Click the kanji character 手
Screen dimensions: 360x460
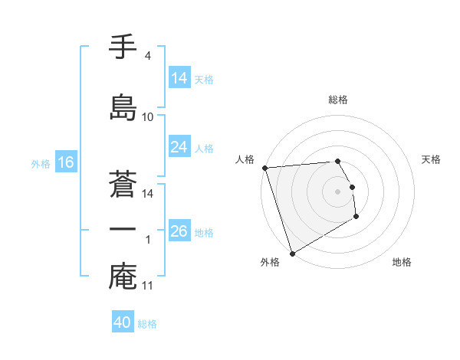pyautogui.click(x=123, y=47)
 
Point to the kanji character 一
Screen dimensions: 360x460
pyautogui.click(x=123, y=230)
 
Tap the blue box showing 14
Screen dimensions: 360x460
pyautogui.click(x=179, y=78)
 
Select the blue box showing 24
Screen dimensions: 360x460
pyautogui.click(x=179, y=147)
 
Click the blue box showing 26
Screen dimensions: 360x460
pyautogui.click(x=179, y=231)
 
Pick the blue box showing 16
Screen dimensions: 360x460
pyautogui.click(x=66, y=162)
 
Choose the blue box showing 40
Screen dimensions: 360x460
pyautogui.click(x=123, y=322)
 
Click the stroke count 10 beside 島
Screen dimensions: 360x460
pyautogui.click(x=147, y=117)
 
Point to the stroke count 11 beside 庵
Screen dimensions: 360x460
pyautogui.click(x=148, y=286)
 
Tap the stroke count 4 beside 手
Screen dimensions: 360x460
pyautogui.click(x=147, y=56)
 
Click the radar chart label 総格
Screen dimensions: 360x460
pyautogui.click(x=338, y=100)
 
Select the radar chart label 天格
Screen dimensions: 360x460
pyautogui.click(x=432, y=159)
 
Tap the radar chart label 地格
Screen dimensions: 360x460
pyautogui.click(x=402, y=262)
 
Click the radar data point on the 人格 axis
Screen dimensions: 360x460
pyautogui.click(x=264, y=168)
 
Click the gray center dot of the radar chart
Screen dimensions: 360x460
pyautogui.click(x=338, y=191)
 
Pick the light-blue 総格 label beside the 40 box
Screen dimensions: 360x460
pyautogui.click(x=147, y=324)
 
